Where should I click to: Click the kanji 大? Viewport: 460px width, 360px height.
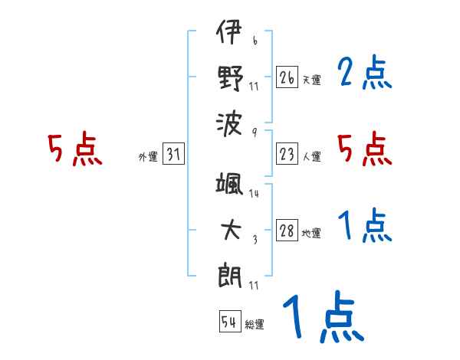pyautogui.click(x=228, y=231)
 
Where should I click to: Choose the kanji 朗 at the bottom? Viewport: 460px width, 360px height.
pyautogui.click(x=228, y=273)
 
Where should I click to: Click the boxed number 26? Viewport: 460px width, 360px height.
pyautogui.click(x=287, y=77)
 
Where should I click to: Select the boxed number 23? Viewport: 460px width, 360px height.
pyautogui.click(x=287, y=155)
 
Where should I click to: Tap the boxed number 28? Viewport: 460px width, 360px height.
pyautogui.click(x=287, y=231)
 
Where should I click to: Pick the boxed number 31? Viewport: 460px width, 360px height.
pyautogui.click(x=173, y=155)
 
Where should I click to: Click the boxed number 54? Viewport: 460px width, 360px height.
pyautogui.click(x=228, y=322)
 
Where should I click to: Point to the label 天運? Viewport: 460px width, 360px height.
pyautogui.click(x=311, y=80)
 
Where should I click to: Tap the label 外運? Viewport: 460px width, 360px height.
pyautogui.click(x=148, y=157)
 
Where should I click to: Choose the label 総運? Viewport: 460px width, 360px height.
pyautogui.click(x=255, y=324)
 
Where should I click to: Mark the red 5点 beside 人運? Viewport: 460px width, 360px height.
pyautogui.click(x=364, y=149)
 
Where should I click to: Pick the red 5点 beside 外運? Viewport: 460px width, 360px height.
pyautogui.click(x=74, y=149)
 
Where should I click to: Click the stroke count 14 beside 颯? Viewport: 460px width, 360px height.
pyautogui.click(x=254, y=193)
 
